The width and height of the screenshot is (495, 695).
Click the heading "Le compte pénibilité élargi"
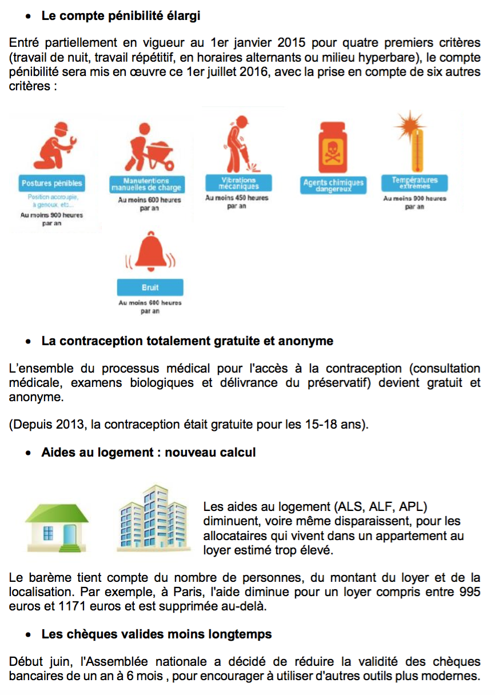click(121, 16)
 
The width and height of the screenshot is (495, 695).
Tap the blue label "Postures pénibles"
click(51, 183)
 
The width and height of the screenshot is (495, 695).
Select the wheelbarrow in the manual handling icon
click(157, 155)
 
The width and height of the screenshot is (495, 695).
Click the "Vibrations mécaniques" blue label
click(238, 183)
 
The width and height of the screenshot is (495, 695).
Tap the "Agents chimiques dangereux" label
click(333, 186)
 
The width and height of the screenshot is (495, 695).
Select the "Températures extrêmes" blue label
click(414, 183)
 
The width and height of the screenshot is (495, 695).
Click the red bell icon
click(150, 254)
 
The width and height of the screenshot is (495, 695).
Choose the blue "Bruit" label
click(150, 287)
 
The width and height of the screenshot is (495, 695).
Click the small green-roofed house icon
click(56, 524)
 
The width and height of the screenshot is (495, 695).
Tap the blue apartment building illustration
click(154, 518)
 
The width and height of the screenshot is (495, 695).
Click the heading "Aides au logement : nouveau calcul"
click(148, 453)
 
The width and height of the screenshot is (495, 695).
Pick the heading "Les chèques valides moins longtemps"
click(156, 634)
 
